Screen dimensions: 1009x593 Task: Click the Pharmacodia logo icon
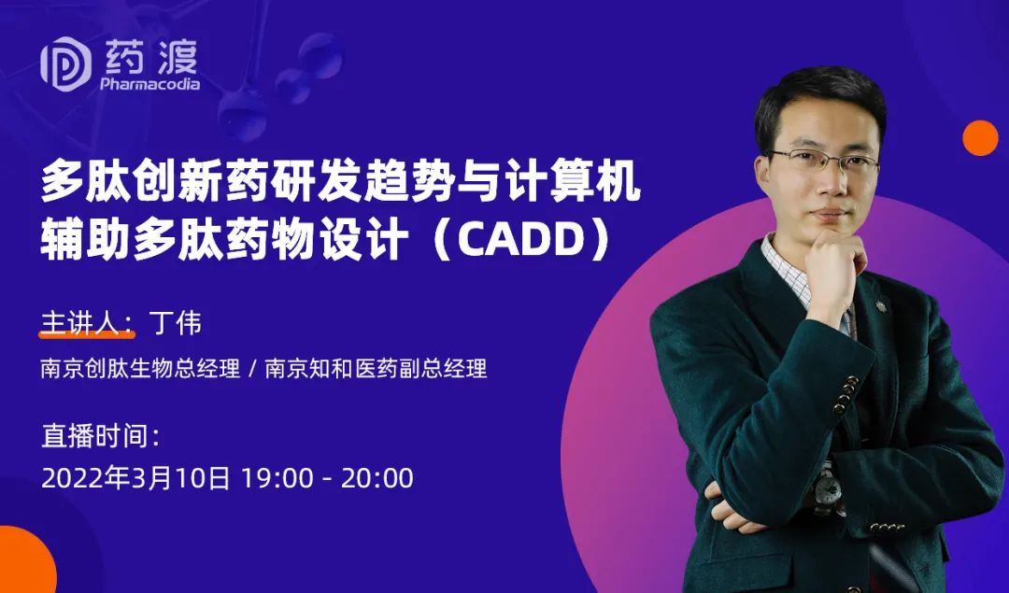[x=66, y=64]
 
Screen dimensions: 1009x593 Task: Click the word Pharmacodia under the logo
[x=149, y=84]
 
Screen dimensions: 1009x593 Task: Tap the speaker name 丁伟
[x=175, y=323]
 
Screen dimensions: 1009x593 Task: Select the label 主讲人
[x=79, y=323]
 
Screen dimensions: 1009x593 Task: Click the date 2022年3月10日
[x=135, y=478]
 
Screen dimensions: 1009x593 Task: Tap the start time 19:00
[x=277, y=478]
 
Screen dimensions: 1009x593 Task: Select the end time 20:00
[x=377, y=478]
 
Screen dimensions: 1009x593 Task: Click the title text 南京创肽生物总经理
[x=140, y=369]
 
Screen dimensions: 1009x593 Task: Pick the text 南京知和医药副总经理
[x=377, y=369]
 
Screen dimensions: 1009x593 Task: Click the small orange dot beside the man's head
[x=980, y=137]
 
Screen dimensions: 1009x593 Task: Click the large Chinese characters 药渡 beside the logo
[x=151, y=57]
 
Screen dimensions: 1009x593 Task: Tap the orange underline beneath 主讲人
[x=87, y=334]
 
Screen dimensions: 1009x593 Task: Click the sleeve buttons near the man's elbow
[x=846, y=393]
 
